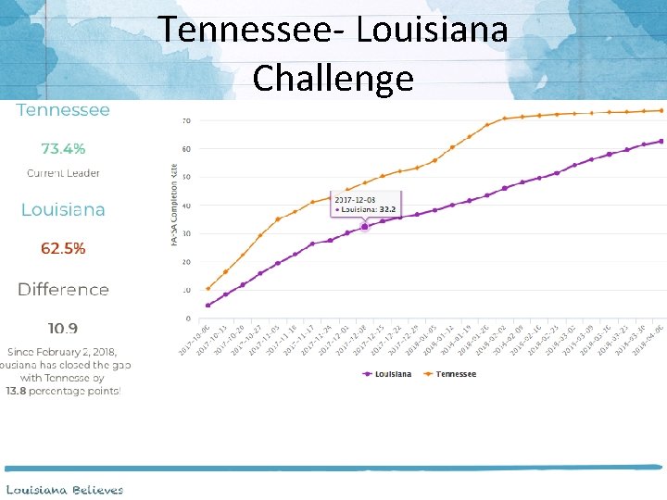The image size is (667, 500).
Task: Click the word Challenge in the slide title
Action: point(333,78)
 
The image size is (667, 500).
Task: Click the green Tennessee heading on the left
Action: point(63,110)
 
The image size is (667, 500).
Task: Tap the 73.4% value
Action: point(63,148)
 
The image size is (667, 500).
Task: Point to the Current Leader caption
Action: point(63,173)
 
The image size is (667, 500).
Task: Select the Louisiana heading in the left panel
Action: point(63,210)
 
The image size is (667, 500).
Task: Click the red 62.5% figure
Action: point(63,248)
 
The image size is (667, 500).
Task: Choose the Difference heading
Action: point(63,290)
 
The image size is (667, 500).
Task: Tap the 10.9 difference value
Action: point(63,328)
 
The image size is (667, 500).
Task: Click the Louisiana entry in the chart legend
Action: point(390,374)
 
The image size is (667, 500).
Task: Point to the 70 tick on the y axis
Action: point(186,120)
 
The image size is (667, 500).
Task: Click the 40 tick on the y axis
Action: point(186,206)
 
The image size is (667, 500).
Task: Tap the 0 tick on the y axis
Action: point(188,319)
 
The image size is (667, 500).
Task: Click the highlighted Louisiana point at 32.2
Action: point(364,227)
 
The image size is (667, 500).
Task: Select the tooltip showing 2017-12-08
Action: point(366,205)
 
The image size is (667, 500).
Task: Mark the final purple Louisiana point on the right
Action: point(661,142)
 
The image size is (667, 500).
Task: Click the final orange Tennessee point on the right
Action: point(661,110)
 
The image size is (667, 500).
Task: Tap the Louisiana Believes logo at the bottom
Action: point(65,489)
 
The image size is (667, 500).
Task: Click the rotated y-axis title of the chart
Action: point(173,204)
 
